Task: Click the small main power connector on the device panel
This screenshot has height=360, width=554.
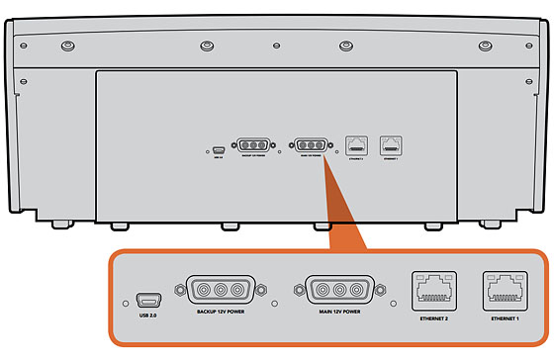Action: coord(310,144)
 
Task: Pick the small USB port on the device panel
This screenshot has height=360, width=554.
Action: coord(218,148)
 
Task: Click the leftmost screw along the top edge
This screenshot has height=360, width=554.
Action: coord(66,46)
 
